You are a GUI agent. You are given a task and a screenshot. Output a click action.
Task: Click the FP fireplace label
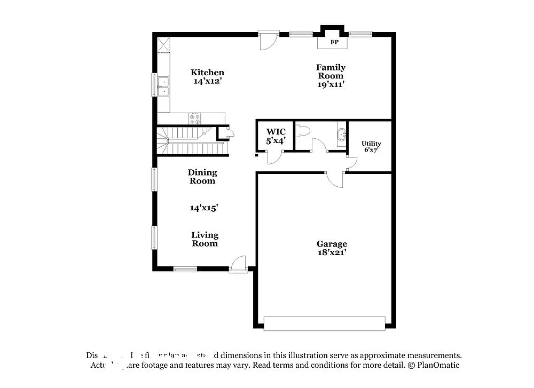pos(334,42)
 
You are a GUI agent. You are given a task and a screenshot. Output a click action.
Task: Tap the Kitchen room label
pos(207,73)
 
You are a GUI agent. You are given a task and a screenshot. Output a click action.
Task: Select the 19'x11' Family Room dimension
pos(331,84)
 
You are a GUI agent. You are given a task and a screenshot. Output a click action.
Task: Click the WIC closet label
pos(276,132)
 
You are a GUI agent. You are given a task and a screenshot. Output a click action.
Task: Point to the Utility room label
pos(371,144)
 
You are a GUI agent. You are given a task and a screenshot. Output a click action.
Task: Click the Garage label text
pos(332,244)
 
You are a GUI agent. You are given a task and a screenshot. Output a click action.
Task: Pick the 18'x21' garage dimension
pos(332,252)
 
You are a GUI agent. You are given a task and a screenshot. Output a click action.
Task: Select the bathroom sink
pos(340,135)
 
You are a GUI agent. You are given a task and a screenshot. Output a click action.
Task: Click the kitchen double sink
pos(163,86)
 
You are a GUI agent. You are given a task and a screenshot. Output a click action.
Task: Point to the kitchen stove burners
pos(195,118)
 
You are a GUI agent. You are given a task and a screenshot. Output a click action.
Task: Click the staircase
pos(190,141)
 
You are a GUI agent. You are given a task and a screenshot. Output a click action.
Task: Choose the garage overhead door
pos(324,323)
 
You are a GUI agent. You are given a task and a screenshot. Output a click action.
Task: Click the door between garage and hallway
pos(335,180)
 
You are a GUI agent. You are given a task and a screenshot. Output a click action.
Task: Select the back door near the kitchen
pos(268,41)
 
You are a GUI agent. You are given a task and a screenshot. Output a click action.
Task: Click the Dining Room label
pos(202,176)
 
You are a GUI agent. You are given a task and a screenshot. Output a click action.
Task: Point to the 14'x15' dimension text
pos(203,208)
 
